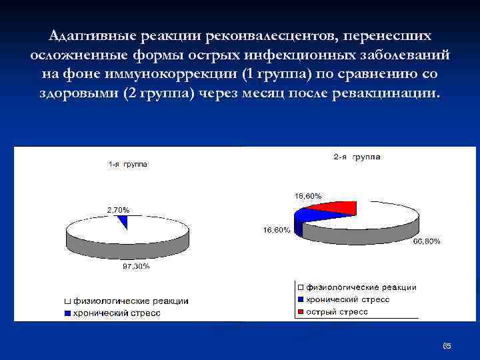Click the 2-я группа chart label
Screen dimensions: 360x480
pyautogui.click(x=357, y=157)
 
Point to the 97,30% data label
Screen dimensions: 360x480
pyautogui.click(x=135, y=266)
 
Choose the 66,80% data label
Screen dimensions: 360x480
pyautogui.click(x=426, y=241)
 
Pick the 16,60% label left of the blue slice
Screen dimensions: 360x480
pyautogui.click(x=275, y=230)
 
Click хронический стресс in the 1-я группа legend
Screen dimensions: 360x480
pyautogui.click(x=116, y=313)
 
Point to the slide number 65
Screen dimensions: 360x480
pyautogui.click(x=447, y=346)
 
